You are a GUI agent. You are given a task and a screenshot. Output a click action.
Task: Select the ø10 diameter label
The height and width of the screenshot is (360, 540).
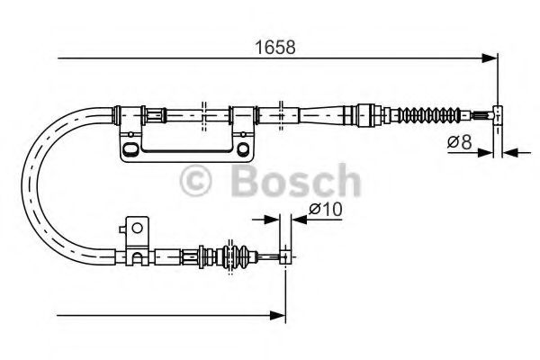point(321,210)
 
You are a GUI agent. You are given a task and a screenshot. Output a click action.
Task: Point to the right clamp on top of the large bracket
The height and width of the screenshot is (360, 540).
point(240,113)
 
